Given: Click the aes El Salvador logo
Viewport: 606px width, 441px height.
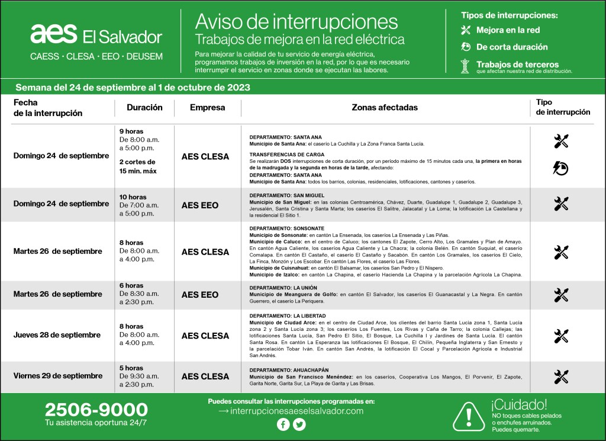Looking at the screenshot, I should (x=96, y=36).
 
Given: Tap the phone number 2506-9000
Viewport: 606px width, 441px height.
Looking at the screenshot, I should (x=96, y=409).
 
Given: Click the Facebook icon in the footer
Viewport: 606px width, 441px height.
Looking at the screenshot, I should (x=283, y=424).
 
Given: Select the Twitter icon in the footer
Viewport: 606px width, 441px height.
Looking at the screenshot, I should (x=299, y=424).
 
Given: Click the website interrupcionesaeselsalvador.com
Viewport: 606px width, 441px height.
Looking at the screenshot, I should (x=291, y=411).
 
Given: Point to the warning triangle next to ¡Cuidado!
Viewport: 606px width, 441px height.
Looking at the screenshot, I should (x=469, y=414).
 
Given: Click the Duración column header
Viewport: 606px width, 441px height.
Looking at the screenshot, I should (x=144, y=108).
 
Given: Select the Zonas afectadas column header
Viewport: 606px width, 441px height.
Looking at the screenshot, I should (x=385, y=108).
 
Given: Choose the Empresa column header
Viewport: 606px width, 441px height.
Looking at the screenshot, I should (x=207, y=108).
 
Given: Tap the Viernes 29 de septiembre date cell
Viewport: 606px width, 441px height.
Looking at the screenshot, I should (x=58, y=376).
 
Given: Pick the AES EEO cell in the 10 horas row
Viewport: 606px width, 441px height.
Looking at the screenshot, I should (x=200, y=205).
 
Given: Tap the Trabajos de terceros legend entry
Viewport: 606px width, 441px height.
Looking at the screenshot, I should (x=509, y=65).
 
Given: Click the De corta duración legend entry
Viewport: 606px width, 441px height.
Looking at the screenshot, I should (x=512, y=47).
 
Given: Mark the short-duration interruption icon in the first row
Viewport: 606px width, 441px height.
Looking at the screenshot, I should (x=560, y=168).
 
